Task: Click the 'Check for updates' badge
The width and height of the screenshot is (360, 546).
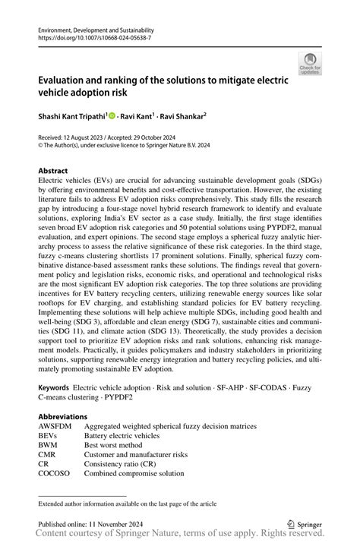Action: [x=310, y=64]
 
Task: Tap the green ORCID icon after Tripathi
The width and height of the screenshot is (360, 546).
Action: [x=111, y=116]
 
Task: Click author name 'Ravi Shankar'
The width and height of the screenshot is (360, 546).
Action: [x=182, y=116]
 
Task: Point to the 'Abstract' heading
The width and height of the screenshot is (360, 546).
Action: [x=53, y=172]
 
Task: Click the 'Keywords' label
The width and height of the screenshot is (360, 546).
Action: [x=54, y=387]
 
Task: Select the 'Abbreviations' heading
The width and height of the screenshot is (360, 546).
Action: [x=63, y=417]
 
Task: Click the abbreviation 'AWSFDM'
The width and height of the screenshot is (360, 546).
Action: [x=56, y=427]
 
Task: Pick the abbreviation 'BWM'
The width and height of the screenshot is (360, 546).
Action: [x=49, y=445]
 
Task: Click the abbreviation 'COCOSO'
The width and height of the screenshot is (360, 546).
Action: [x=55, y=472]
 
